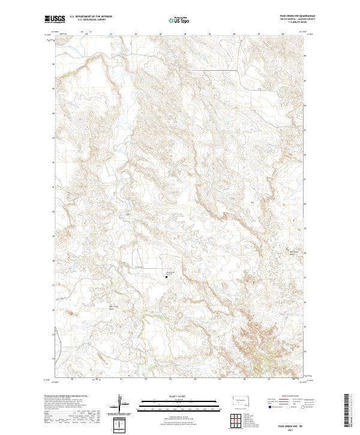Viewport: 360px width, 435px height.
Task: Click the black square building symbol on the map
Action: [x=166, y=277]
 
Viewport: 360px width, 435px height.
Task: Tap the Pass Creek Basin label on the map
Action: [x=78, y=309]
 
